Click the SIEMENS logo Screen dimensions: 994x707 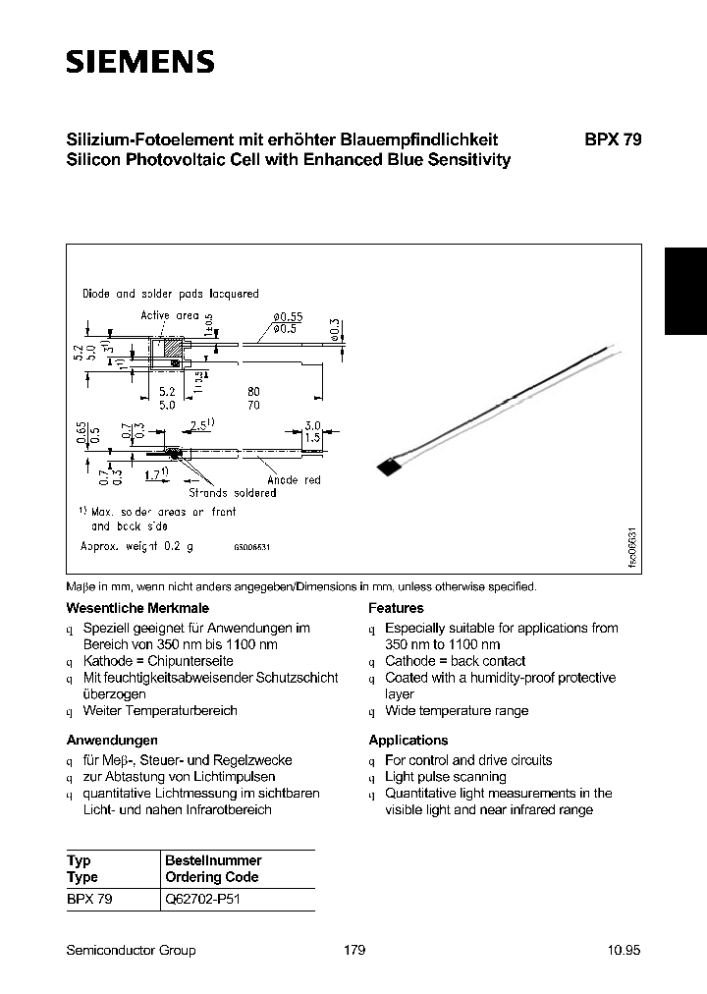(139, 63)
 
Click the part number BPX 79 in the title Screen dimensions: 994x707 (613, 139)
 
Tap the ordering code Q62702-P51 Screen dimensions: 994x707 (200, 900)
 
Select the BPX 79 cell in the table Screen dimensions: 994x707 (89, 900)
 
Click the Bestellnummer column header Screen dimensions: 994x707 (213, 860)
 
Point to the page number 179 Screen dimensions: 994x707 (354, 950)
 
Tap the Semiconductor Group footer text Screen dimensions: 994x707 (131, 950)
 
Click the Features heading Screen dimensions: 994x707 (396, 608)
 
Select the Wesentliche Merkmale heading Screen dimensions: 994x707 (137, 608)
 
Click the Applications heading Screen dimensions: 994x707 (408, 740)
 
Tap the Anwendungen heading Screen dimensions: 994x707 (112, 740)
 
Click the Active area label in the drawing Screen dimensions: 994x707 (169, 315)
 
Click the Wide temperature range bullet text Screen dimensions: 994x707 (457, 710)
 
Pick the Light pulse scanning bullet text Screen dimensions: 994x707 (445, 777)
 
